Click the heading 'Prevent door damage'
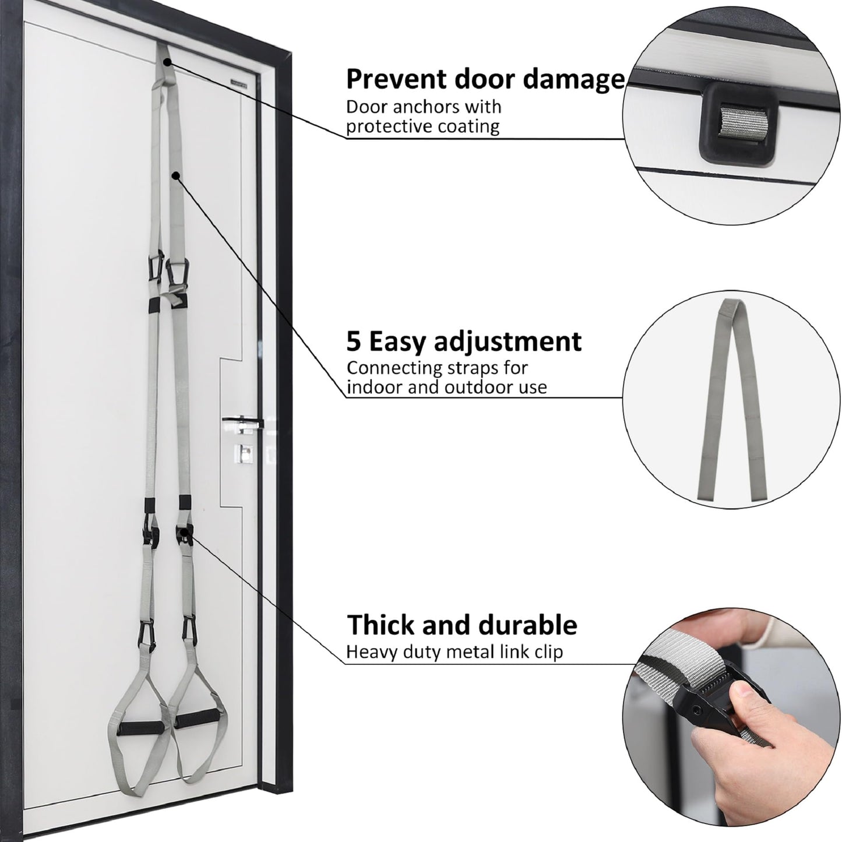coord(485,79)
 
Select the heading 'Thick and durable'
coord(462,626)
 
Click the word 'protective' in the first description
coord(382,126)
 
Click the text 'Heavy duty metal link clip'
coord(455,653)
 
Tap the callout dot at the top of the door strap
coord(167,62)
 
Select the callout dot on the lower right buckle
coord(184,532)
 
